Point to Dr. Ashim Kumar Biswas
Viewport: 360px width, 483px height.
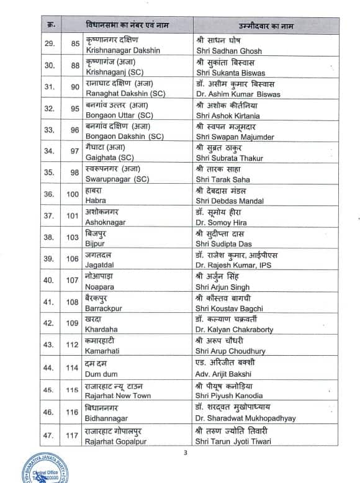[237, 94]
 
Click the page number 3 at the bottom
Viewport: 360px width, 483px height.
[185, 453]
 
